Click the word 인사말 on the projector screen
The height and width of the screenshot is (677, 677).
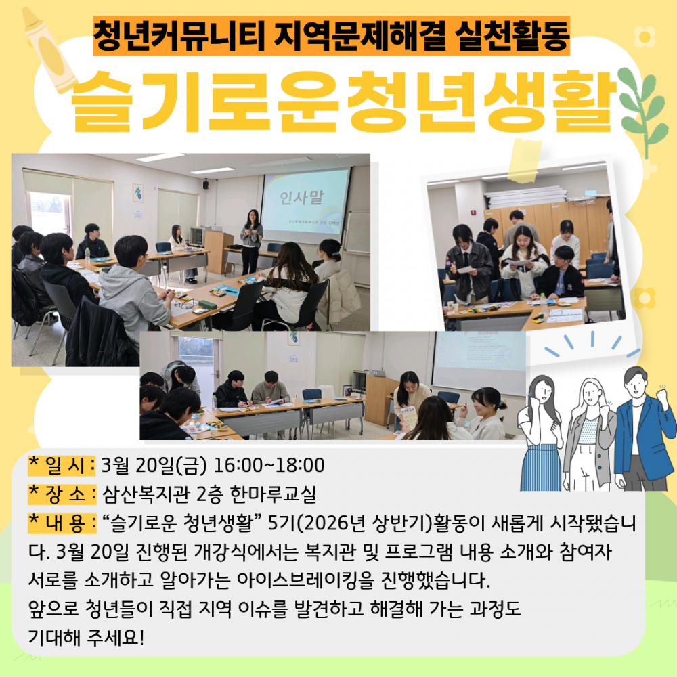(x=302, y=197)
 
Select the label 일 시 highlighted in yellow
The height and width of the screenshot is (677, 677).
(x=62, y=465)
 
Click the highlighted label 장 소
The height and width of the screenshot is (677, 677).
(x=62, y=494)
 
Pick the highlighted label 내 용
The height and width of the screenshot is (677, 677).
(x=62, y=523)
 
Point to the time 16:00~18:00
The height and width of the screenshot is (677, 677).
(x=269, y=466)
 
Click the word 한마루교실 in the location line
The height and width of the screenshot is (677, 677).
(x=273, y=494)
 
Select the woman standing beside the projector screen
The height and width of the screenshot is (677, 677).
(x=251, y=242)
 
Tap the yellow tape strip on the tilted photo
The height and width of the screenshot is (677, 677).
(x=525, y=160)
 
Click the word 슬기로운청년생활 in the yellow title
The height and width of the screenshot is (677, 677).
(x=343, y=102)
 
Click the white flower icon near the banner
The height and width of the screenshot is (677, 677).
(x=645, y=37)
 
